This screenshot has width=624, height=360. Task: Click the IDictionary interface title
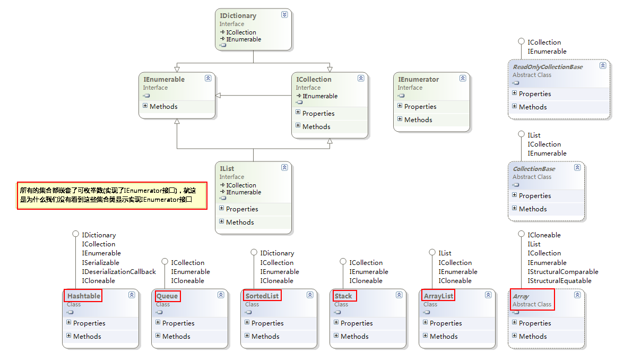click(x=238, y=16)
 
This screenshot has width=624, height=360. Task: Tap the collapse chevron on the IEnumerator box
click(x=463, y=79)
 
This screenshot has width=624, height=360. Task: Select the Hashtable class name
click(x=84, y=296)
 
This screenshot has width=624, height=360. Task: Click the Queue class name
click(x=167, y=296)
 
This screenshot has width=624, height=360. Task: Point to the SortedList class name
click(x=262, y=296)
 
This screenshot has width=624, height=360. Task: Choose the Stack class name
click(x=343, y=296)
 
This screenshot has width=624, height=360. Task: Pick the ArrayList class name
click(x=439, y=296)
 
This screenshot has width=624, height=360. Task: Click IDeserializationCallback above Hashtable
click(x=119, y=272)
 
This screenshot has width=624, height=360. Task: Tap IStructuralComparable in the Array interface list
click(x=562, y=272)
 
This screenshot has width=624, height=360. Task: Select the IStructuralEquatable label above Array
click(x=559, y=281)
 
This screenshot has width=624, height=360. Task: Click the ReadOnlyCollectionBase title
click(x=548, y=67)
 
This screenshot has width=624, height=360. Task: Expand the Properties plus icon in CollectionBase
click(x=515, y=195)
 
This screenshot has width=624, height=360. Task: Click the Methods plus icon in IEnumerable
click(x=145, y=106)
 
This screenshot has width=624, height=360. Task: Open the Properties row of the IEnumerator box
click(x=420, y=106)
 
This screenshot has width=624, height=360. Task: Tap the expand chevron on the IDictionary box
click(x=284, y=15)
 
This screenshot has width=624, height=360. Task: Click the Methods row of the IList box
click(x=240, y=222)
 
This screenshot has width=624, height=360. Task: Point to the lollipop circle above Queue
click(x=165, y=262)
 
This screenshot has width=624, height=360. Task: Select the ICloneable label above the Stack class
click(x=366, y=281)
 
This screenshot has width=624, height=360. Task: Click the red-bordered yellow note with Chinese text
click(x=112, y=195)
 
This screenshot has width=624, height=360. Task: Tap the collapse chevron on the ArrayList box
click(x=488, y=295)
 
